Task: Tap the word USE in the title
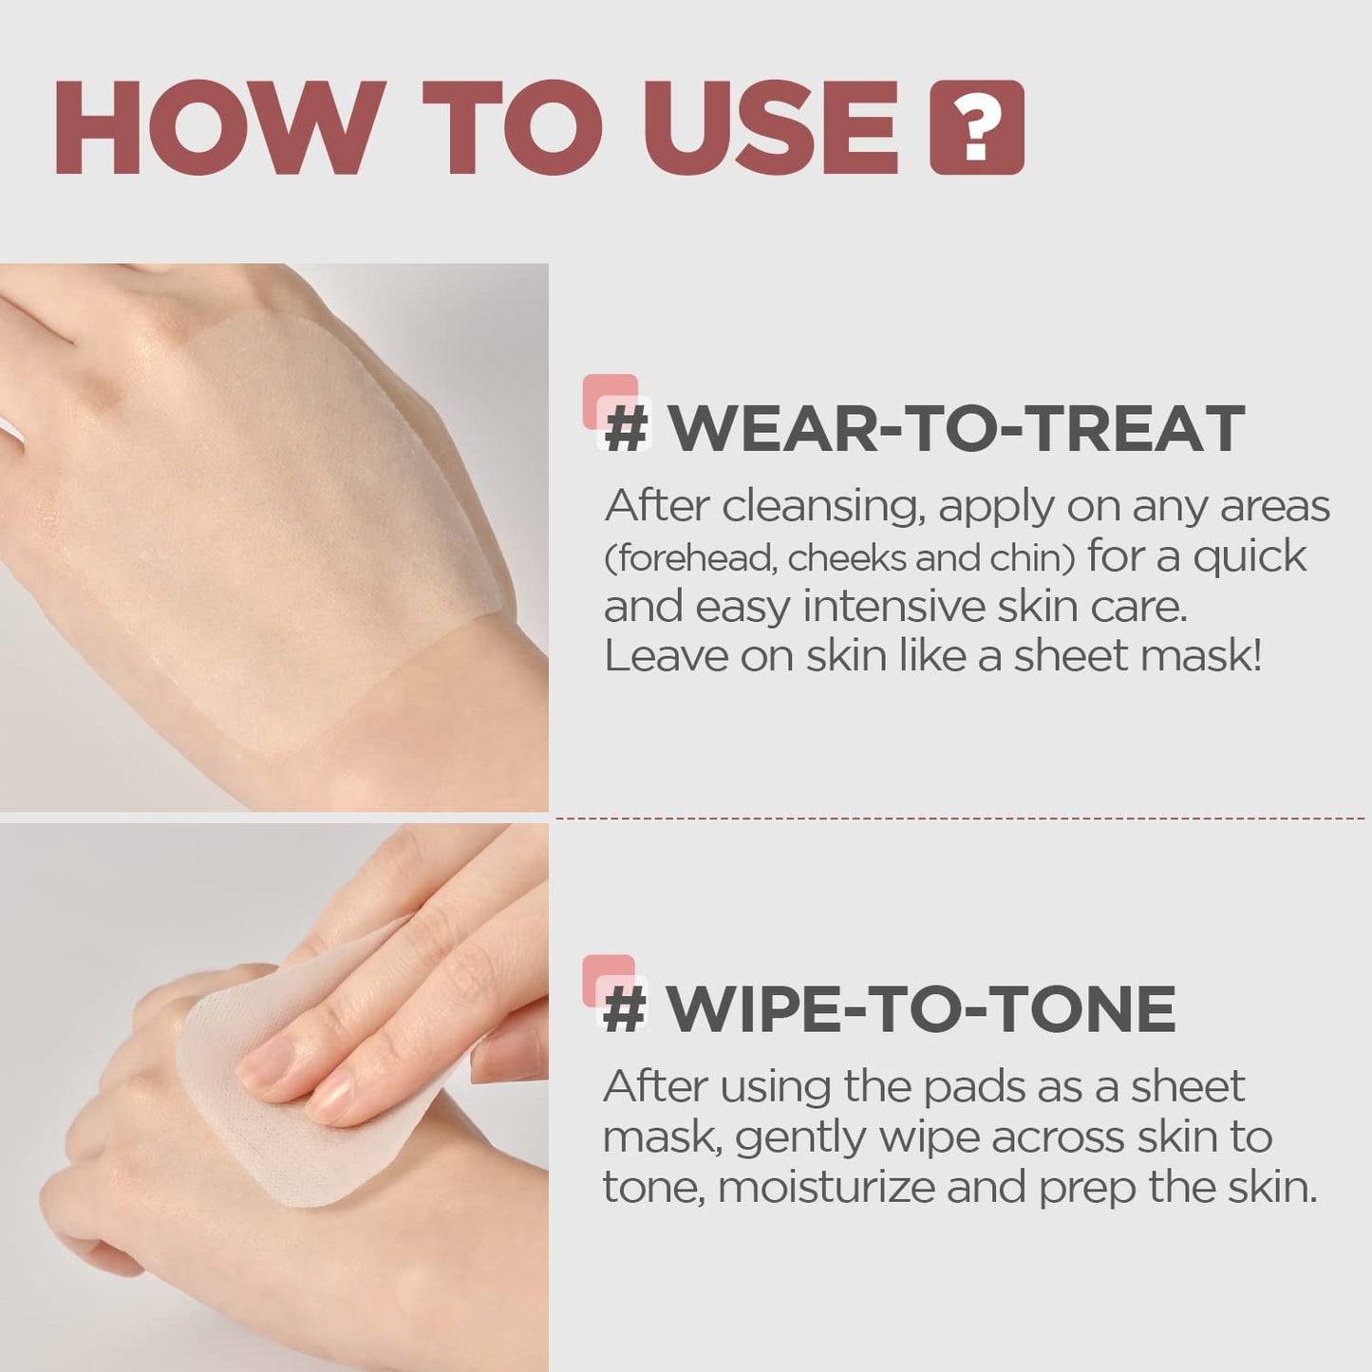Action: click(770, 128)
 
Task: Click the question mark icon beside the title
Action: click(977, 128)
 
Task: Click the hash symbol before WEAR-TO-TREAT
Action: click(627, 430)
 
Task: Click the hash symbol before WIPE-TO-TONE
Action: click(625, 1010)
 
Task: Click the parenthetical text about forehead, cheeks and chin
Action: click(839, 558)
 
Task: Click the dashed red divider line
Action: click(959, 818)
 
